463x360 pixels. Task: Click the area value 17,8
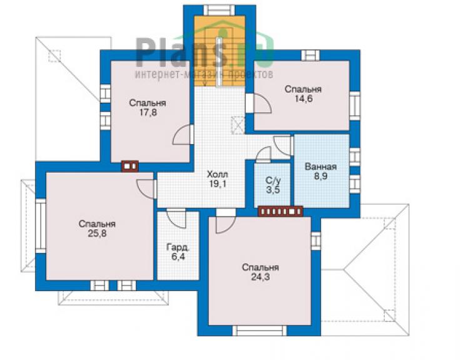(x=148, y=113)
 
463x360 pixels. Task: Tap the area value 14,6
(x=303, y=99)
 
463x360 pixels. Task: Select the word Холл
(x=217, y=174)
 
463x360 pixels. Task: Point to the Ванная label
(x=321, y=167)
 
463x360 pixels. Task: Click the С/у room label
(x=273, y=180)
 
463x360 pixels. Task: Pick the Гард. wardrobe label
(x=178, y=247)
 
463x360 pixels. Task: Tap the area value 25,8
(x=97, y=234)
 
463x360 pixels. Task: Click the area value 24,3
(x=260, y=277)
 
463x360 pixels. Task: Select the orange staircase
(x=220, y=51)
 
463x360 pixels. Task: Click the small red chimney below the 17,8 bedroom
(x=130, y=166)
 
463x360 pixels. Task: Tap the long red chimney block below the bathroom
(x=280, y=212)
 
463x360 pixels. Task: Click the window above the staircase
(x=220, y=11)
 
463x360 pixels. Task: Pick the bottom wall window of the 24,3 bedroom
(x=260, y=331)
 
